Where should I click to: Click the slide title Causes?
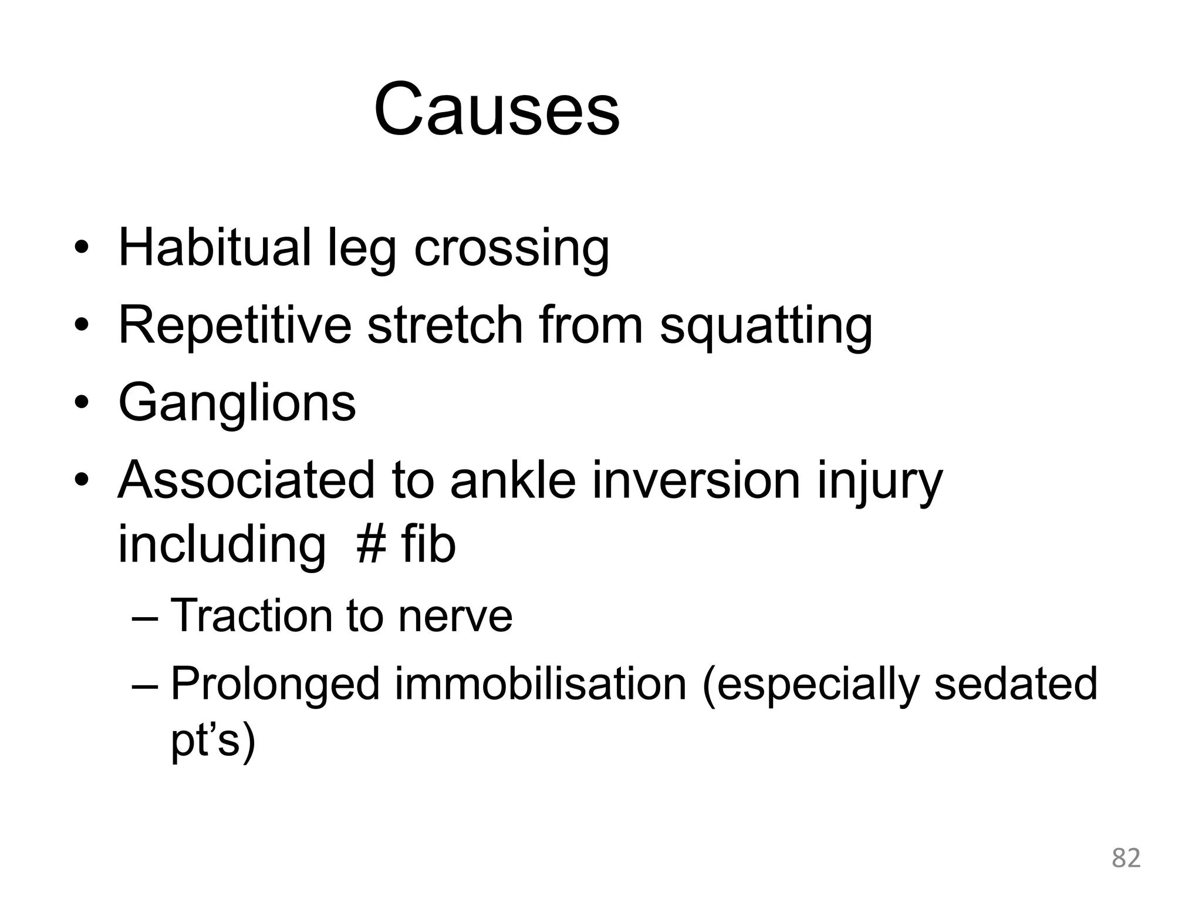(497, 110)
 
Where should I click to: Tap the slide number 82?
(1126, 858)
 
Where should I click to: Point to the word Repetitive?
(234, 326)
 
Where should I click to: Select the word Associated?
(246, 480)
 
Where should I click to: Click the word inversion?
(695, 480)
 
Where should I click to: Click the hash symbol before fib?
(371, 544)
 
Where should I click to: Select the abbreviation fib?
(428, 543)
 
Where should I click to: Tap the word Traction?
(251, 615)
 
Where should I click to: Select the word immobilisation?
(540, 684)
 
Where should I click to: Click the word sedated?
(1015, 684)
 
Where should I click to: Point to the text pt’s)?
(213, 741)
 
